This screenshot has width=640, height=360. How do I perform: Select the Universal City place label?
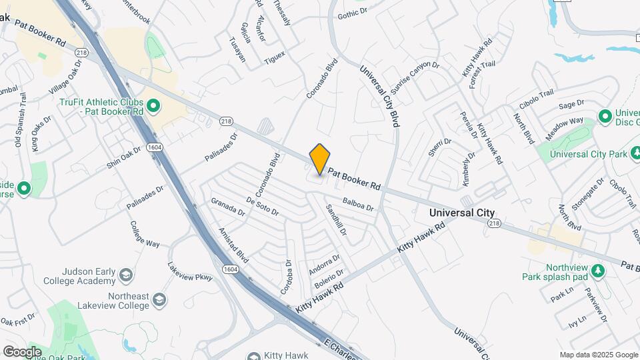[x=462, y=213]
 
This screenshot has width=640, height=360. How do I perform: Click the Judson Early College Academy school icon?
[x=125, y=275]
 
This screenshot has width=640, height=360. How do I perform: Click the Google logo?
[x=22, y=351]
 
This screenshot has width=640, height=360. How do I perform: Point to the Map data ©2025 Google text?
[x=598, y=355]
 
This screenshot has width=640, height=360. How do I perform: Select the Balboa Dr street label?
[x=358, y=204]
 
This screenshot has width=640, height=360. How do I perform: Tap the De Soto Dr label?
[x=261, y=206]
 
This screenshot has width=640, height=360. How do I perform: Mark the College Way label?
[x=144, y=234]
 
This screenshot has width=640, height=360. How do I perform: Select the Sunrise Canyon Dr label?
[x=415, y=77]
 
